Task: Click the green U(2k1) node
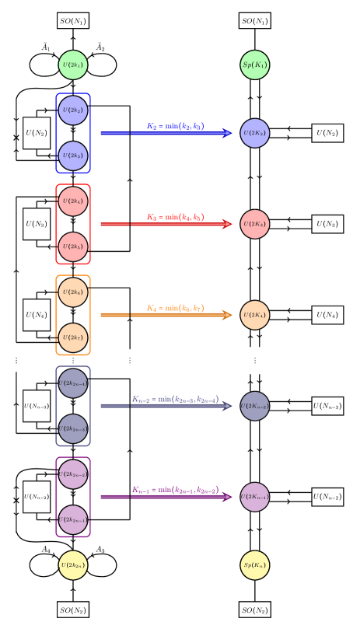(x=73, y=65)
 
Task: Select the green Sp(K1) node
(x=255, y=65)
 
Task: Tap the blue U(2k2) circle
(x=73, y=110)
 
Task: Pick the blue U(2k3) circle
(x=73, y=156)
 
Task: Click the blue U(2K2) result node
(x=255, y=133)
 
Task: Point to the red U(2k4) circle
(x=73, y=201)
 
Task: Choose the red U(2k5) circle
(x=73, y=246)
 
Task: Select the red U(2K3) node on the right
(x=255, y=224)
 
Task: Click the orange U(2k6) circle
(x=73, y=292)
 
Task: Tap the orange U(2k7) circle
(x=73, y=337)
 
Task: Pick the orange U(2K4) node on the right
(x=255, y=315)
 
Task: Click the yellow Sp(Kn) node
(x=255, y=565)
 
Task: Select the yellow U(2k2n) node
(x=73, y=565)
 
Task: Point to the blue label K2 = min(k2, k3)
(x=175, y=126)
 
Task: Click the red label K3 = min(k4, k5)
(x=175, y=217)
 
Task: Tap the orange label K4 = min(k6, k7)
(x=175, y=308)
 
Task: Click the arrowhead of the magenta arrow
(x=227, y=497)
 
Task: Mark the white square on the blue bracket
(x=96, y=133)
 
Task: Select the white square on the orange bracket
(x=96, y=315)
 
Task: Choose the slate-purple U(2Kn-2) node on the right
(x=255, y=406)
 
